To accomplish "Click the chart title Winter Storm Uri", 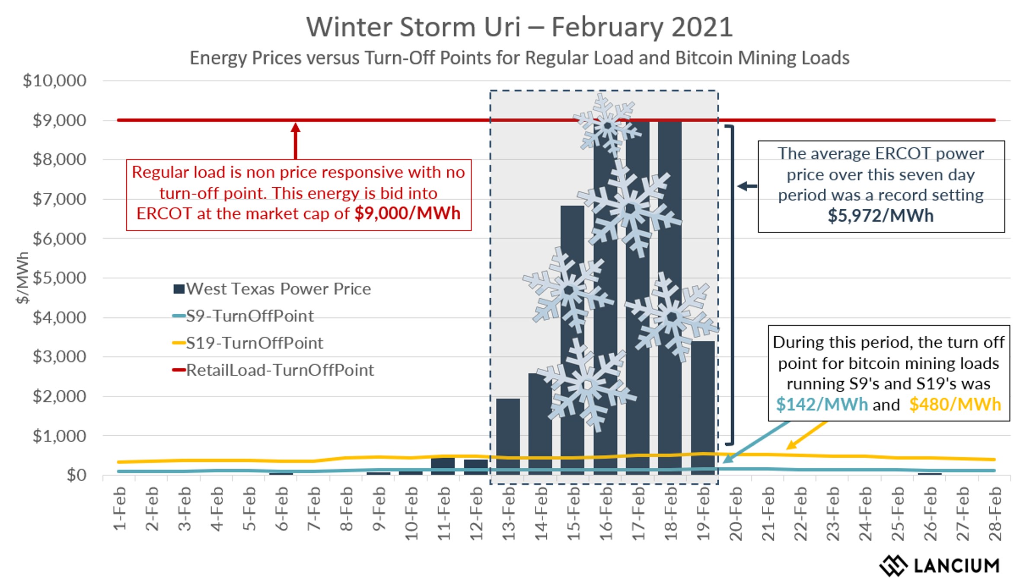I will [x=519, y=27].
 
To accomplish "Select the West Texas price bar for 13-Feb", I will [x=508, y=437].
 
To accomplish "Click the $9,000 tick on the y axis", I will [x=60, y=120].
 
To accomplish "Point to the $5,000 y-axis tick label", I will [x=60, y=278].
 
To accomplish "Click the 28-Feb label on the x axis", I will [x=995, y=514].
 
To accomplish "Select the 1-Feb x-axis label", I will [x=120, y=509].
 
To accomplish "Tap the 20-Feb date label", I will [x=736, y=514].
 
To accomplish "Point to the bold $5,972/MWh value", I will [x=880, y=215].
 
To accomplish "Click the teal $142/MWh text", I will [x=822, y=405].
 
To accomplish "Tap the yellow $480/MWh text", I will [x=955, y=405].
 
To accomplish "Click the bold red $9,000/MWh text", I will [x=407, y=214].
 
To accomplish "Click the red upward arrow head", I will [x=296, y=128].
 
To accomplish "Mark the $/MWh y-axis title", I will [x=22, y=278].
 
